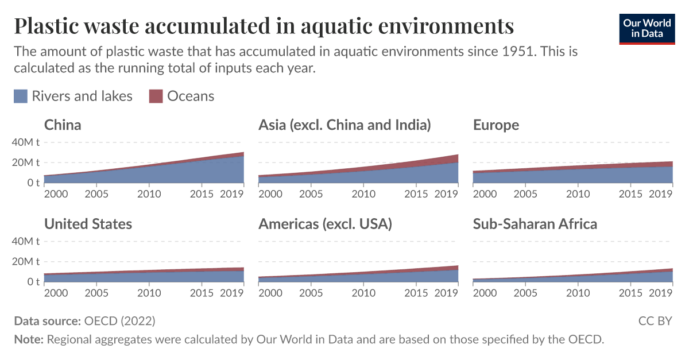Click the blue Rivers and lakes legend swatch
click(21, 96)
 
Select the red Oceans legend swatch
click(156, 96)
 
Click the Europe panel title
click(496, 125)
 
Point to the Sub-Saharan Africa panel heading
click(535, 224)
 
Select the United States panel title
click(88, 224)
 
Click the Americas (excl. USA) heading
click(325, 224)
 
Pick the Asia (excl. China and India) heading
click(344, 125)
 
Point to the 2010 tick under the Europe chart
click(578, 194)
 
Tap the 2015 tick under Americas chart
click(416, 293)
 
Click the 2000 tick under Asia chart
click(270, 194)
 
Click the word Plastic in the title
click(50, 26)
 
